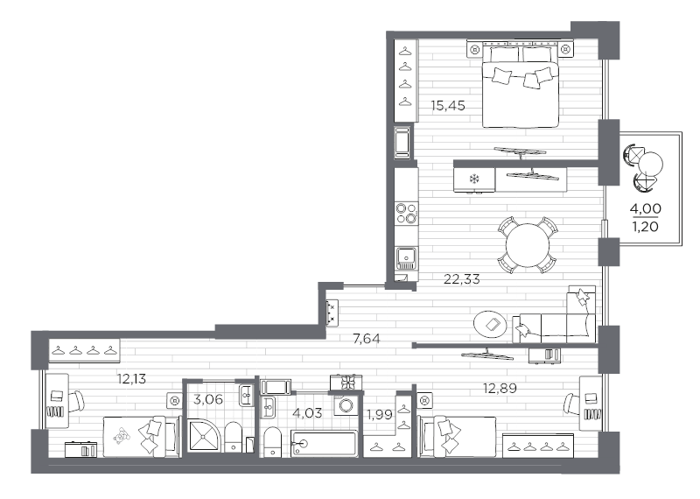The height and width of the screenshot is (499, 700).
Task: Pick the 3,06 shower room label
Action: click(206, 401)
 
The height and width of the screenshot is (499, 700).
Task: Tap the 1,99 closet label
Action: click(378, 414)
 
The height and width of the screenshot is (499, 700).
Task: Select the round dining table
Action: click(527, 244)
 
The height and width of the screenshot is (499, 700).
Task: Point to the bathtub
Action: click(325, 443)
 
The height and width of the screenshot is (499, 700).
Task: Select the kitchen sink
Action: click(406, 257)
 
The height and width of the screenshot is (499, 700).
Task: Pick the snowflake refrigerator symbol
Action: click(474, 180)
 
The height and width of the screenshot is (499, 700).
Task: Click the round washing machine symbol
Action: click(346, 405)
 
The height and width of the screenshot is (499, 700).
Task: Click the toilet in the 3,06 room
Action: click(234, 437)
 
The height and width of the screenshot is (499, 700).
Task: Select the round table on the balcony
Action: click(651, 164)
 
